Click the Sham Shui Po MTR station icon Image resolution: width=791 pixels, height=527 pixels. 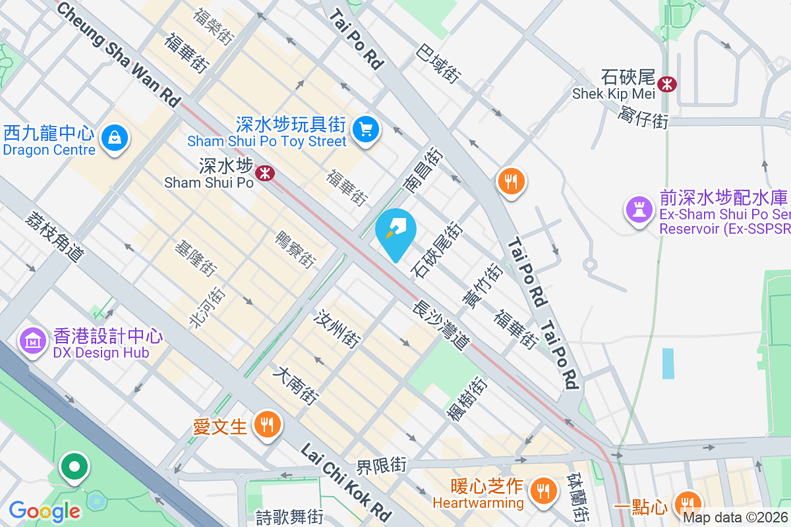pos(266,173)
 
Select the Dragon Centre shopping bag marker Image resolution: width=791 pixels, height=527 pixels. pos(115,138)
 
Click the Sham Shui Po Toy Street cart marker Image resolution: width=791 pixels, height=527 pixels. pos(365,129)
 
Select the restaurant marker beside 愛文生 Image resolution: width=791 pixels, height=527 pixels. pos(267,424)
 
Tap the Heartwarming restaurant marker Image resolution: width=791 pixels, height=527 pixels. pos(542,489)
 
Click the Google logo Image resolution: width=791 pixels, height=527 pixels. pos(44,511)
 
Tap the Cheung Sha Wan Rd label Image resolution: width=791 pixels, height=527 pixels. pos(119,53)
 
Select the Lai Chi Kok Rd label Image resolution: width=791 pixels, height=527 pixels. pos(346,482)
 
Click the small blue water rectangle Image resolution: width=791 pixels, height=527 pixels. pos(668,363)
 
